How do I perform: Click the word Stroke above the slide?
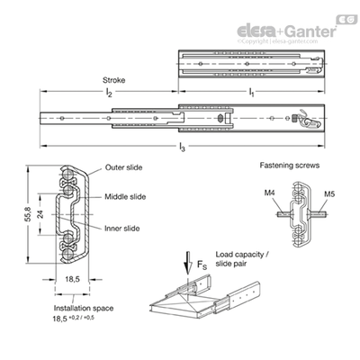click(113, 80)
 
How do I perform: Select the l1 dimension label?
click(251, 93)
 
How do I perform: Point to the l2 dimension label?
click(109, 93)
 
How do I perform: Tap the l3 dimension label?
click(182, 148)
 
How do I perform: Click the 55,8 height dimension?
click(28, 214)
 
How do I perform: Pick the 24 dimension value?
click(40, 214)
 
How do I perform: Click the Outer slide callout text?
click(123, 167)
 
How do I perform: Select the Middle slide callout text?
click(125, 197)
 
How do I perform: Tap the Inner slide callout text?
click(121, 229)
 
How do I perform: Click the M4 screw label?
click(270, 193)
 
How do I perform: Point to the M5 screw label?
click(329, 193)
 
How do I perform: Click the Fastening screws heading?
click(290, 166)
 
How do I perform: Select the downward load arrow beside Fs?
click(188, 263)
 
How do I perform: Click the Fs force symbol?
click(202, 265)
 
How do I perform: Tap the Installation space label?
click(84, 308)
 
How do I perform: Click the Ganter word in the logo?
click(310, 31)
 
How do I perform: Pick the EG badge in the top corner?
click(346, 20)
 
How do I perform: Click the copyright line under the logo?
click(277, 41)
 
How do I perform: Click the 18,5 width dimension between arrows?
click(72, 279)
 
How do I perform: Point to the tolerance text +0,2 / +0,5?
click(81, 318)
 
